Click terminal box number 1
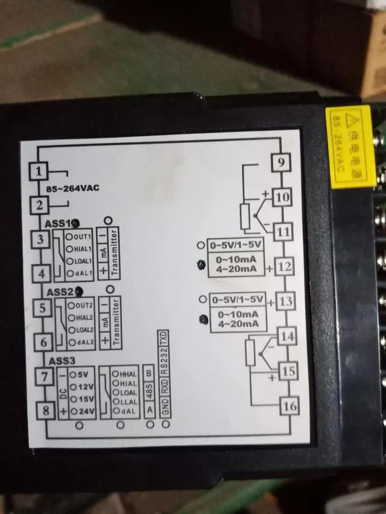tap(39, 171)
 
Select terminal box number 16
tap(290, 406)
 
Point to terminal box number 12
tap(286, 266)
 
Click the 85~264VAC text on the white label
tap(72, 188)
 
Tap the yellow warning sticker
tap(349, 138)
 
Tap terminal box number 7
tap(42, 378)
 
